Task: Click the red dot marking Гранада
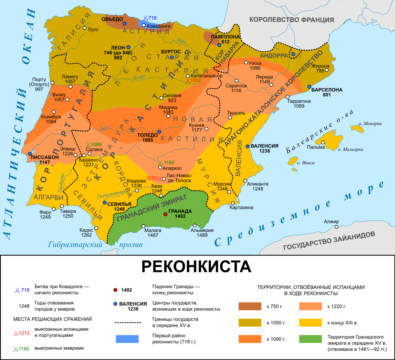point(165,214)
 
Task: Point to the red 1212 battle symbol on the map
point(159,179)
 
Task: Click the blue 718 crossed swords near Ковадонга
point(145,18)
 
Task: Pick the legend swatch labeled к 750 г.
point(250,306)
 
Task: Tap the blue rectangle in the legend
point(127,339)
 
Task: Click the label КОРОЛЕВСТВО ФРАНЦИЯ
point(291,20)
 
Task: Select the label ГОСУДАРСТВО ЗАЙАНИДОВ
point(329,241)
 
